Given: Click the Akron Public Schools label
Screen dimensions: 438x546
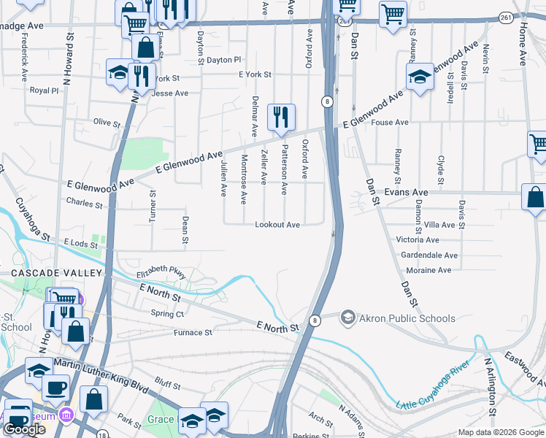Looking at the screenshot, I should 407,318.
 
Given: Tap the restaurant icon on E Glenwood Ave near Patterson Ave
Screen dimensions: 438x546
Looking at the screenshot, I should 281,116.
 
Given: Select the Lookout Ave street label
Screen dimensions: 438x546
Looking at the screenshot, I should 277,225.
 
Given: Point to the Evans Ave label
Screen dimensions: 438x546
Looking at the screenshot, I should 406,192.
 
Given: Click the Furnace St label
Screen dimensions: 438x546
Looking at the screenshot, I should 193,333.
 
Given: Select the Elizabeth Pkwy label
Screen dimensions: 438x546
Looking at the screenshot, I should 161,271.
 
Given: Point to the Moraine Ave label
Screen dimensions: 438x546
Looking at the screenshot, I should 429,270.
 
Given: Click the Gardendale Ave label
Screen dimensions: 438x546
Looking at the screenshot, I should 429,255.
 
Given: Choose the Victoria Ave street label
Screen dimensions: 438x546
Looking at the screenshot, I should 418,239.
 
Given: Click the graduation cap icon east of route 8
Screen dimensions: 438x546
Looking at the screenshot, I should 420,76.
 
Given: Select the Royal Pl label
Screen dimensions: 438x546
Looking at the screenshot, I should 44,91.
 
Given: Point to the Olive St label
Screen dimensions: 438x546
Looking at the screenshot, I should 107,122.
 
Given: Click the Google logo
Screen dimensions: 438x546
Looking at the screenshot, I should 24,429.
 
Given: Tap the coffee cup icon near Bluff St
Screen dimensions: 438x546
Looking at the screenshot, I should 55,387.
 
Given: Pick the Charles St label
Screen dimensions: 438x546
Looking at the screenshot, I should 84,202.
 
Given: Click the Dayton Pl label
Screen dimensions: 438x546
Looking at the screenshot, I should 223,60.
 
